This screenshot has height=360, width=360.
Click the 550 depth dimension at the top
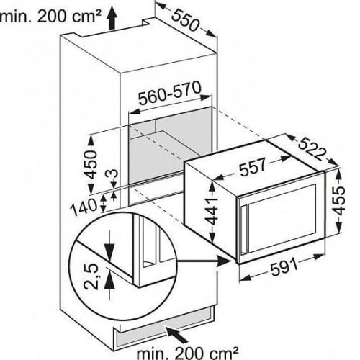tap(186, 21)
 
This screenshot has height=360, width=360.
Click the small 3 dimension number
tap(114, 174)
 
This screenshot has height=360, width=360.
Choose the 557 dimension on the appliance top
tap(253, 166)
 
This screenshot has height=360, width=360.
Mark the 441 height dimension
tap(212, 211)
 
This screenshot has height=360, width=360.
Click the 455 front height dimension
tap(339, 200)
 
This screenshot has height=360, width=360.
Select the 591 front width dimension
tap(284, 268)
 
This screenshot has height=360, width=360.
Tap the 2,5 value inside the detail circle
tap(92, 276)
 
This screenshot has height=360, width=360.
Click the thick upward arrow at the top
tap(112, 19)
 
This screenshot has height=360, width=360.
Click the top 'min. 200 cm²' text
tap(50, 17)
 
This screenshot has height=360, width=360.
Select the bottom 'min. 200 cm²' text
tap(188, 353)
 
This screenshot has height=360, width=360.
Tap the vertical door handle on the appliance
tap(245, 229)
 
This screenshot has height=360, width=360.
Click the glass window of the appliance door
tap(282, 218)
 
